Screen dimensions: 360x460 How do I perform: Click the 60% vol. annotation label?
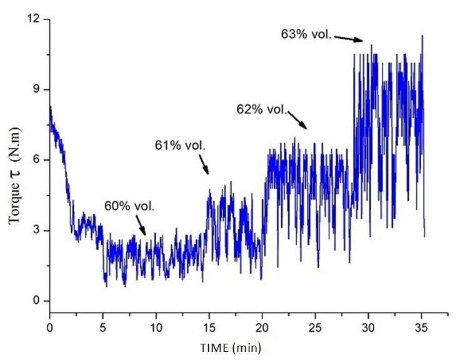tap(129, 205)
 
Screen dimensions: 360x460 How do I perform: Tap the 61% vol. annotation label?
tap(180, 146)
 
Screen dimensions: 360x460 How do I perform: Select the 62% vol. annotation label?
tap(261, 109)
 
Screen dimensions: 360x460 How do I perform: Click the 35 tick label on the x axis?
tap(422, 326)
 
